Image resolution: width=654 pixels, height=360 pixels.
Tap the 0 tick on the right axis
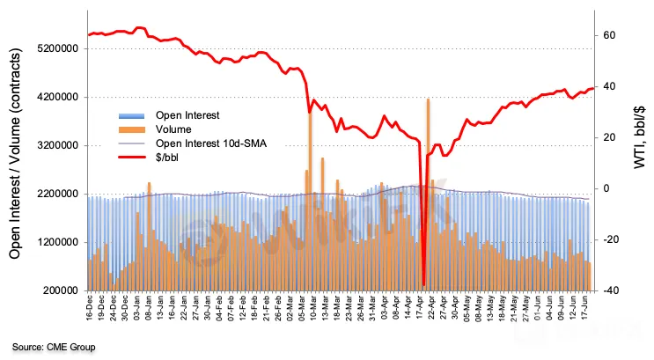pyautogui.click(x=606, y=188)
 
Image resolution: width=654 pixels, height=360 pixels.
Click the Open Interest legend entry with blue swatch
pyautogui.click(x=187, y=115)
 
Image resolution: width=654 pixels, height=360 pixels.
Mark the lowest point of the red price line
pyautogui.click(x=423, y=284)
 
